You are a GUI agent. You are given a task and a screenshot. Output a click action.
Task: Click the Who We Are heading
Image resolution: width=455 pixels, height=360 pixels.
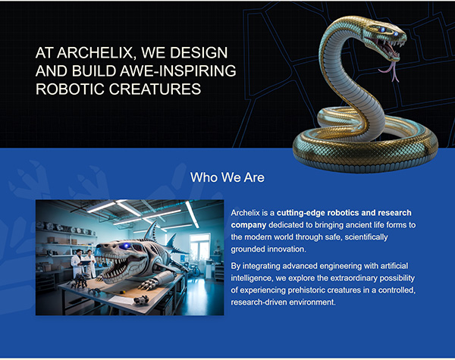coord(227,177)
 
